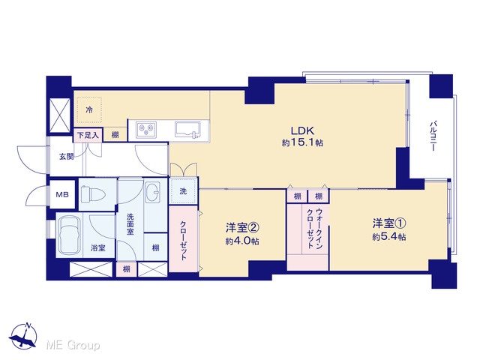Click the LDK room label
click(302, 131)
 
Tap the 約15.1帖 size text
click(302, 142)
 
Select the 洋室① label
click(389, 223)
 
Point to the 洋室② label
click(242, 228)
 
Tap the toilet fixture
click(93, 193)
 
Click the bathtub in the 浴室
click(70, 235)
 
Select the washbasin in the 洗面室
click(152, 193)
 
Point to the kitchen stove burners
click(146, 129)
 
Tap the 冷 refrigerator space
click(89, 109)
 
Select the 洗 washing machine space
click(183, 191)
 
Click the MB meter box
click(62, 194)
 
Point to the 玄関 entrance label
click(66, 157)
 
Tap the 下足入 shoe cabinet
click(88, 135)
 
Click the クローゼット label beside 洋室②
click(183, 240)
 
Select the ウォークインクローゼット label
click(315, 228)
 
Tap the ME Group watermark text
click(73, 346)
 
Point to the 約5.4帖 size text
click(389, 237)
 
